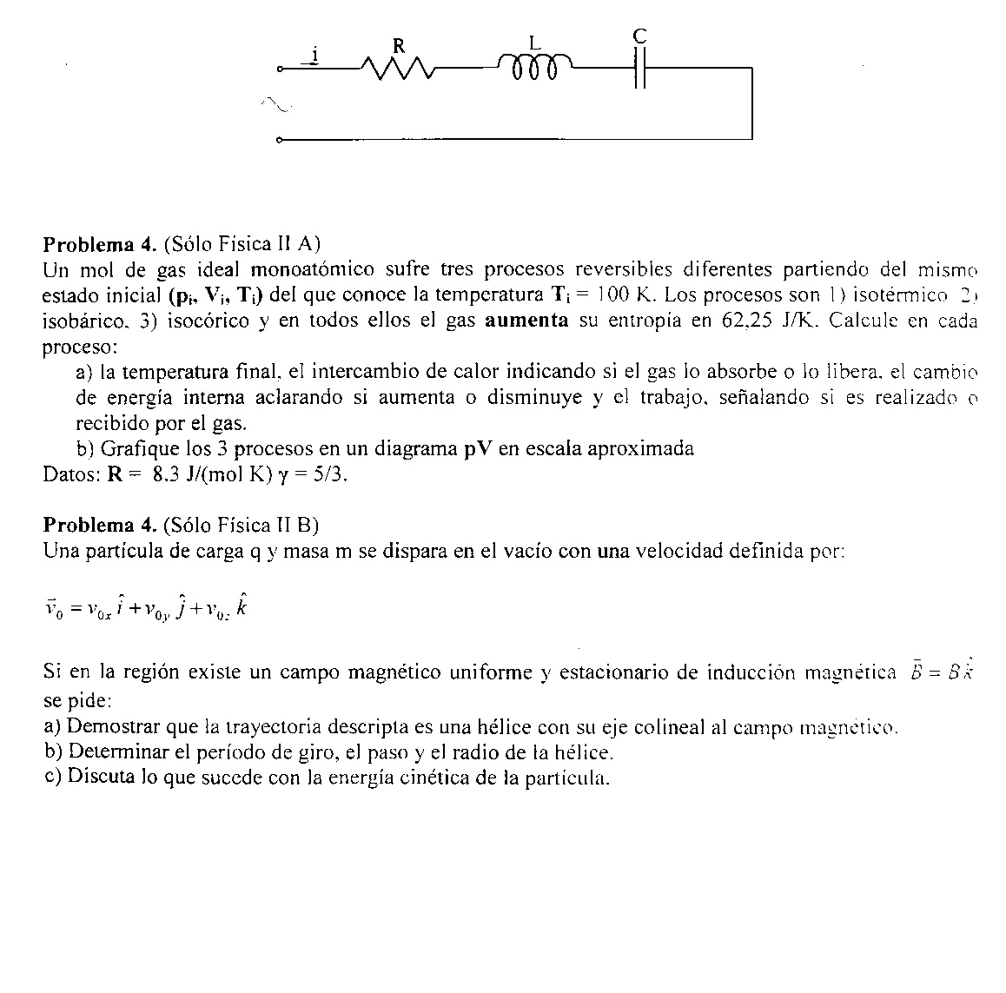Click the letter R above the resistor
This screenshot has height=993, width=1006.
(399, 46)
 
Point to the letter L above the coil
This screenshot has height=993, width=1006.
(535, 41)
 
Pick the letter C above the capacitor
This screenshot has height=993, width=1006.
(640, 36)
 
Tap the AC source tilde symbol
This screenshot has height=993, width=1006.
(277, 103)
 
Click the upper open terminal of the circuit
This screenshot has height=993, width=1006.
(279, 69)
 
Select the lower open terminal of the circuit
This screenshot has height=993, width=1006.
(279, 139)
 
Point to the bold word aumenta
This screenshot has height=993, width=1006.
(526, 320)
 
